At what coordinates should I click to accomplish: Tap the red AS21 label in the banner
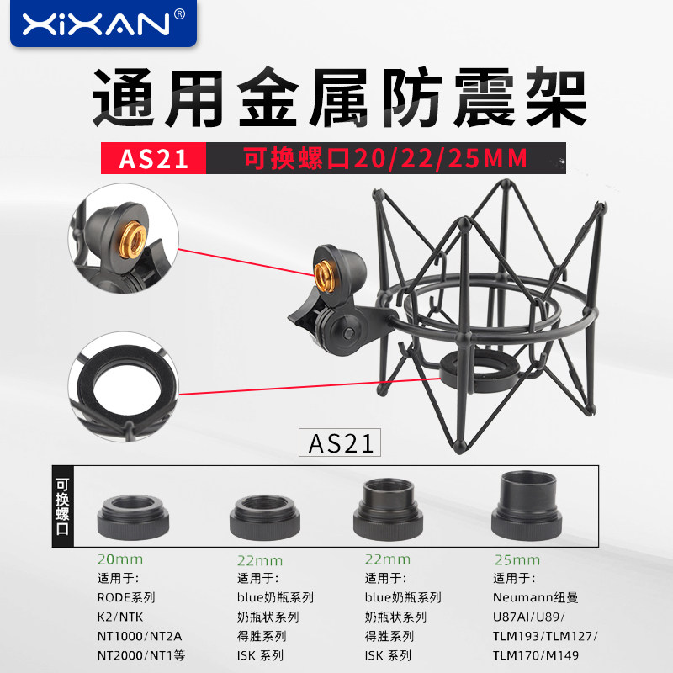click(153, 159)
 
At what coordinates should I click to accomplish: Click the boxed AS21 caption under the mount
click(340, 442)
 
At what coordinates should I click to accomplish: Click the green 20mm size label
click(120, 559)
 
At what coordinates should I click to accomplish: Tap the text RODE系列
click(127, 597)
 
